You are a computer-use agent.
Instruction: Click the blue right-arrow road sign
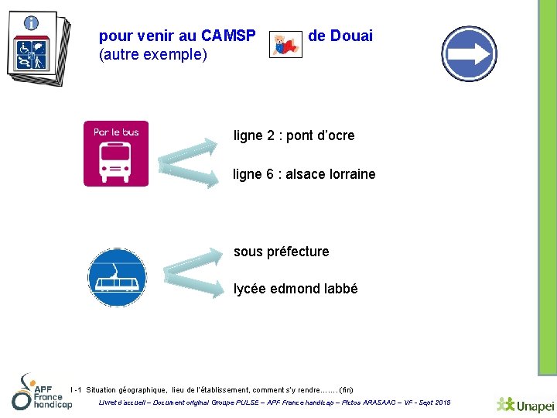469,54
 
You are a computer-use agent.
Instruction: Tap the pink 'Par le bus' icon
116,153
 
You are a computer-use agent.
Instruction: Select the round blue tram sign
117,277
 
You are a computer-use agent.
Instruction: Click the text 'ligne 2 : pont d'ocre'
294,135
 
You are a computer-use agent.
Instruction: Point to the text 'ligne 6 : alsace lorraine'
304,174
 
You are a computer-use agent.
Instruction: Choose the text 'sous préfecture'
281,252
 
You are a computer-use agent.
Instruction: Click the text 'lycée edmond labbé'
296,289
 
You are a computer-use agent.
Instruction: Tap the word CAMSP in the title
228,36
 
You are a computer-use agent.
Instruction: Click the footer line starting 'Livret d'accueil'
275,403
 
